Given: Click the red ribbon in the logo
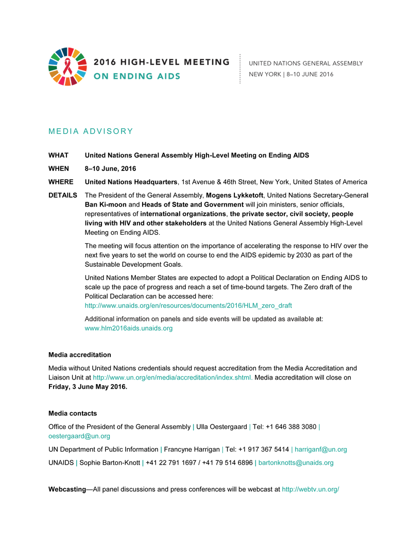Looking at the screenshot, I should (x=67, y=66).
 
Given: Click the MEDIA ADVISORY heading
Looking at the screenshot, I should (x=91, y=131).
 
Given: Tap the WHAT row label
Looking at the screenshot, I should (x=58, y=155).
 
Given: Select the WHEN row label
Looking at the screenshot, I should (x=59, y=168).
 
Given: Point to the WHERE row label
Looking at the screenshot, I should (x=61, y=182).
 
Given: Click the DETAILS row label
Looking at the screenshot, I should (x=63, y=196).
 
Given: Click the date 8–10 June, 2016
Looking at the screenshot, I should (x=111, y=168).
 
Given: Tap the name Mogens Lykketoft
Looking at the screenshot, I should (x=234, y=196).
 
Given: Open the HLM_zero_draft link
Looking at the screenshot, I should (x=188, y=305).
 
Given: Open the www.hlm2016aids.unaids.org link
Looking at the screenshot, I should (x=128, y=328).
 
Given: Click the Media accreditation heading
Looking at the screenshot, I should (x=79, y=355).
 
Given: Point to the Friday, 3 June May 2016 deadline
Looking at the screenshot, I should (x=88, y=387).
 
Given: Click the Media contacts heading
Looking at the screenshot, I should (x=73, y=414).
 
